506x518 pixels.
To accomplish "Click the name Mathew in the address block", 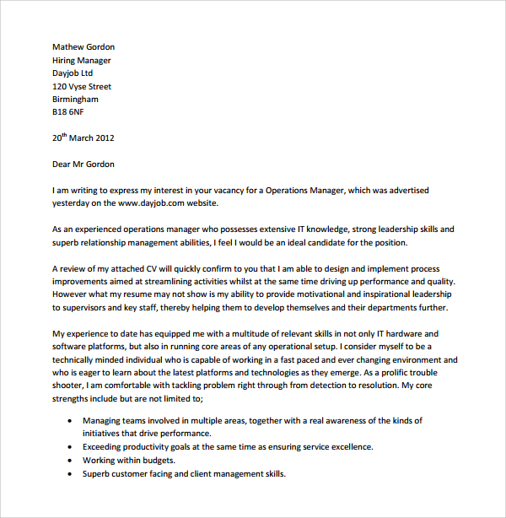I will pyautogui.click(x=68, y=47).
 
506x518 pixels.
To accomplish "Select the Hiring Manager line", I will pyautogui.click(x=82, y=61).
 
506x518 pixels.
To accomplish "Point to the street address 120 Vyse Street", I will pyautogui.click(x=82, y=87).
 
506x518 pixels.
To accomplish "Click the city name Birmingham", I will pyautogui.click(x=75, y=100).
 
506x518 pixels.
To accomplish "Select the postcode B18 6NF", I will pyautogui.click(x=68, y=112).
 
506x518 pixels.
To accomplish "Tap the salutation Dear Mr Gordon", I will pyautogui.click(x=83, y=165).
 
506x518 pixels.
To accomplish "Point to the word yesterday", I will pyautogui.click(x=73, y=203).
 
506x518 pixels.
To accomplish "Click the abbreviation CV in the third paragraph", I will pyautogui.click(x=142, y=269).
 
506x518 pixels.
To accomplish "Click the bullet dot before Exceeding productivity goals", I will pyautogui.click(x=67, y=447).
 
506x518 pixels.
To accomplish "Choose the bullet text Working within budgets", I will pyautogui.click(x=128, y=461).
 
